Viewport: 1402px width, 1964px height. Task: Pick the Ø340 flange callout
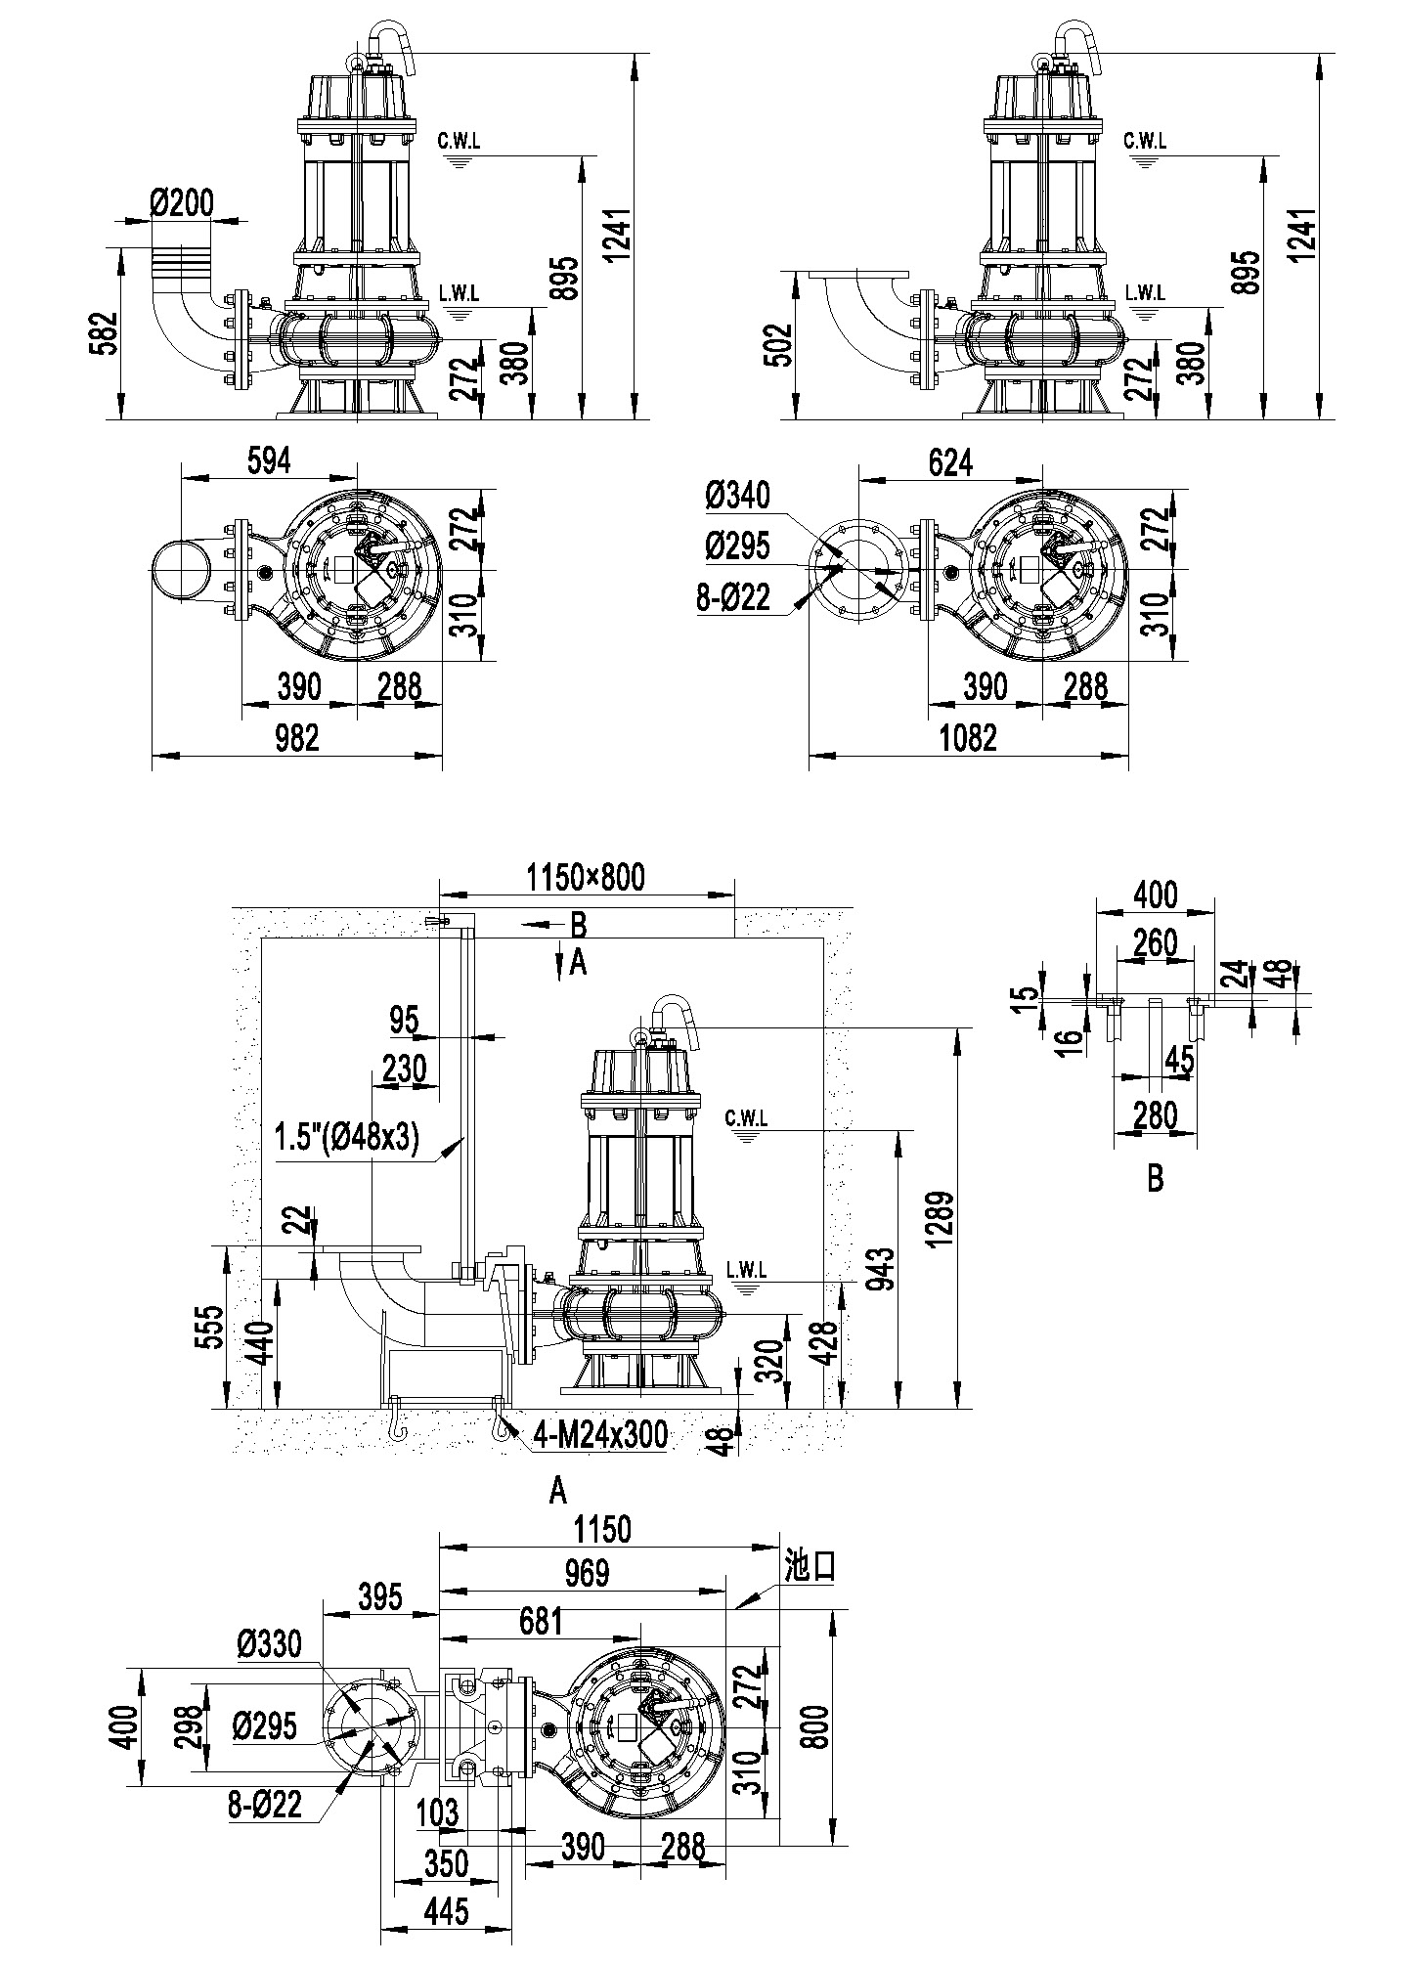tap(736, 496)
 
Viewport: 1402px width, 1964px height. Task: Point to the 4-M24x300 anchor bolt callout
tap(600, 1435)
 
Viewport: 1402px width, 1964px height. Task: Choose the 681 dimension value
tap(539, 1621)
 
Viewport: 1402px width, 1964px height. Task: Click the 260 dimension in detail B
tap(1155, 943)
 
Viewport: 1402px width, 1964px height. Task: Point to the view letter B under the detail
tap(1155, 1178)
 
